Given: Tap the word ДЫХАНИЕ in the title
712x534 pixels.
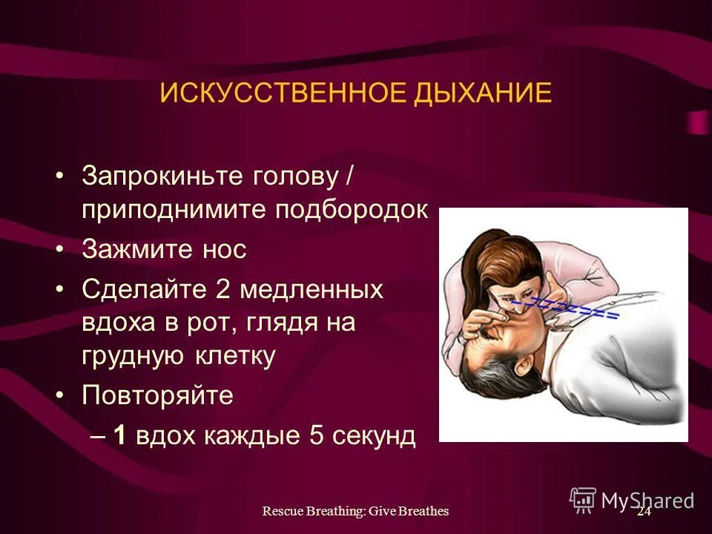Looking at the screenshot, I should [484, 93].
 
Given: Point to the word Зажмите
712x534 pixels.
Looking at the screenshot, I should [128, 249].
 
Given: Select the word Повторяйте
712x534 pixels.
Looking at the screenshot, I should [157, 395].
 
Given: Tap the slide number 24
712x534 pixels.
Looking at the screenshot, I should [643, 511].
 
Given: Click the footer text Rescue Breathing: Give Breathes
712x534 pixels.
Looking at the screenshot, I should [356, 511].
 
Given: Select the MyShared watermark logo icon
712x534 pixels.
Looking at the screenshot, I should [583, 499].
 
